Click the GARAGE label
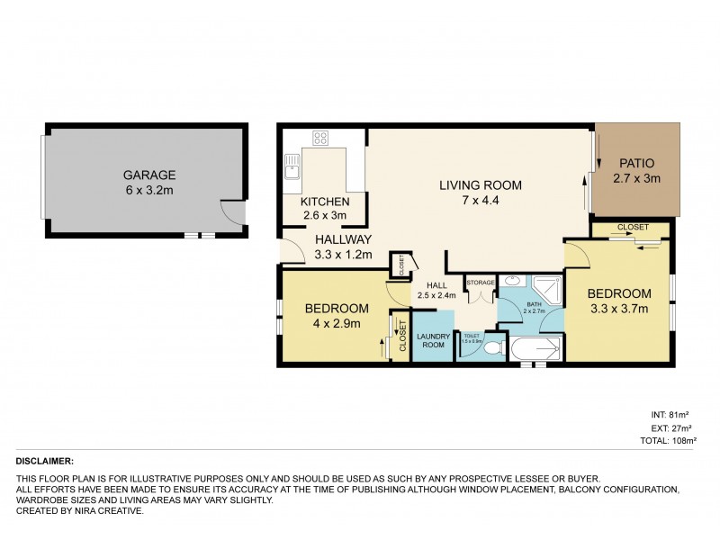150,175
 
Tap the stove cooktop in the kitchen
319,139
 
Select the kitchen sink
291,167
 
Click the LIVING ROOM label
480,185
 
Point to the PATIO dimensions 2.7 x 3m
639,178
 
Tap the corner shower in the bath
548,289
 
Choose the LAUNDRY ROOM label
433,342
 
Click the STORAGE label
481,282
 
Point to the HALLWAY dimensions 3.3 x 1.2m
342,255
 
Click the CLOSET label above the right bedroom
633,228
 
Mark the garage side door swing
232,211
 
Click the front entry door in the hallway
291,250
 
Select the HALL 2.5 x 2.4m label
436,290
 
